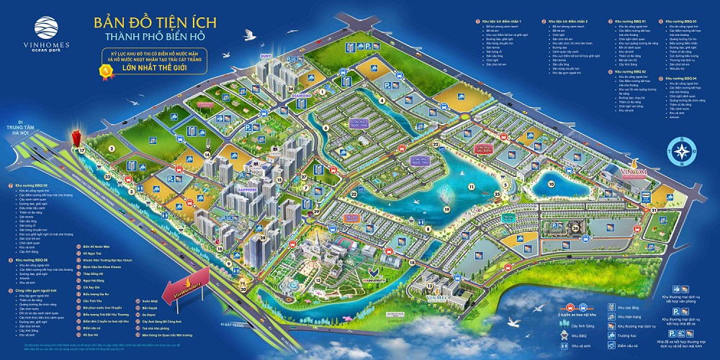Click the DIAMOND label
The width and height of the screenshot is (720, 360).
301,95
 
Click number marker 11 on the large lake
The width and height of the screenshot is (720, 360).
472,186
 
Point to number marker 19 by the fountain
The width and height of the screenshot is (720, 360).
446,210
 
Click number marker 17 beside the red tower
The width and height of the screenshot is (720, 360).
82,150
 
